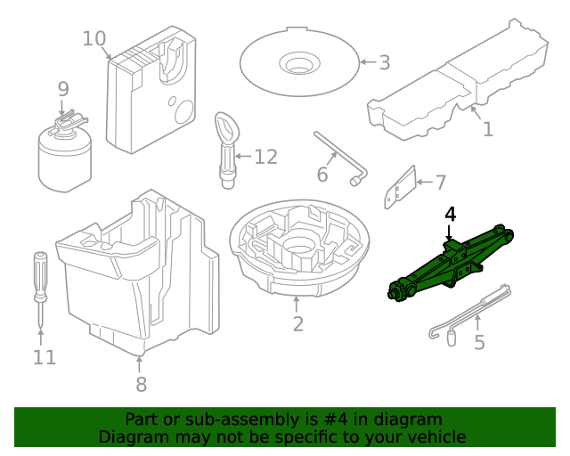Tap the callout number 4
coord(451,215)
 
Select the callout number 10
coord(94,39)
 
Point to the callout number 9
coord(62,89)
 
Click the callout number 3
coord(384,62)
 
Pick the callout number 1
coord(487,129)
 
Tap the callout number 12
coord(265,158)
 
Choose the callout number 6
coord(322,175)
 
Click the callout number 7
coord(439,183)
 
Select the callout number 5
coord(479,342)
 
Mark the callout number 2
coord(297,324)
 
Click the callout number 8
coord(141,384)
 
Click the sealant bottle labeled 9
coord(65,155)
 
